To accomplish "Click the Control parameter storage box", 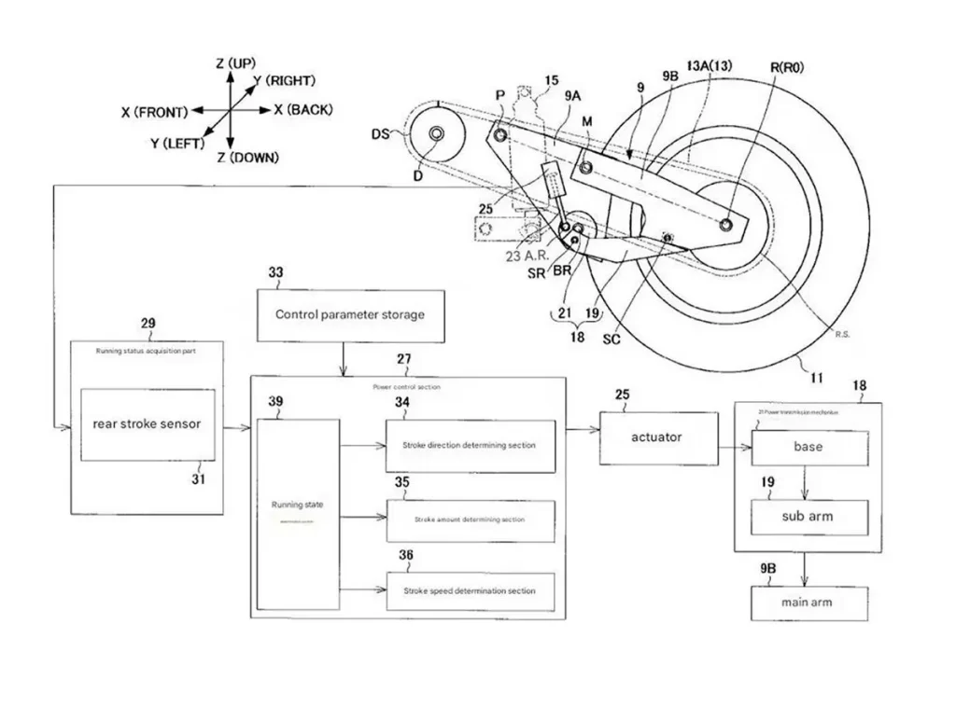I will pos(349,315).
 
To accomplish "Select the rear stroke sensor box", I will pos(147,423).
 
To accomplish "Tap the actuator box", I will pos(659,437).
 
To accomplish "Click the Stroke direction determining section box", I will pos(470,446).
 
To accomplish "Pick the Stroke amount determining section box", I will pos(470,520).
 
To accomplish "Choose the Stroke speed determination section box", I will pos(470,590).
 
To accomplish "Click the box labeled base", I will pos(808,447).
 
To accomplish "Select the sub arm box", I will pos(808,516).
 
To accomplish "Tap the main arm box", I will pos(808,603).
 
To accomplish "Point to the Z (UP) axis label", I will pos(235,63).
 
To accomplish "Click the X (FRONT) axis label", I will pos(154,111).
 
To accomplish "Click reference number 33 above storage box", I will pos(275,273).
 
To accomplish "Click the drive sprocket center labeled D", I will pos(436,136).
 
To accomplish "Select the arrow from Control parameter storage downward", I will pos(344,357).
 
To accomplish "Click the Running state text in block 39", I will pos(298,505).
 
